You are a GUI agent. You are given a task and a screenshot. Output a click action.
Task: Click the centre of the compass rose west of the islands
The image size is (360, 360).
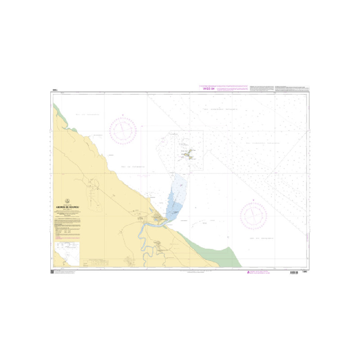point(122,130)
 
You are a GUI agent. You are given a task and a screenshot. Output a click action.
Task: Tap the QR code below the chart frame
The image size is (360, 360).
point(52,273)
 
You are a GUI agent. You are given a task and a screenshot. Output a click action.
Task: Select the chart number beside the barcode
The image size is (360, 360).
point(304,273)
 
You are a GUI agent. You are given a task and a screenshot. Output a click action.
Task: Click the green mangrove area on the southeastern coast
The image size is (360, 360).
point(216,252)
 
